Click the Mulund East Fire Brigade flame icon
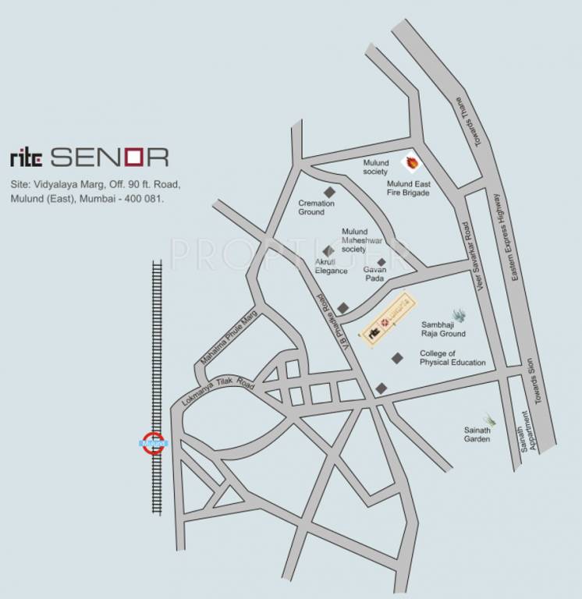[410, 162]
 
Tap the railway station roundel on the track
[154, 443]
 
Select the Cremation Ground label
[316, 207]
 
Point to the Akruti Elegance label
[331, 266]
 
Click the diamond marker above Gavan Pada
[381, 262]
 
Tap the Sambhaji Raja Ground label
[443, 328]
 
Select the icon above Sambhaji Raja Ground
[459, 314]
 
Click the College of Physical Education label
[452, 358]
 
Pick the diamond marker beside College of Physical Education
[398, 358]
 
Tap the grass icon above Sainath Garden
[488, 419]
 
